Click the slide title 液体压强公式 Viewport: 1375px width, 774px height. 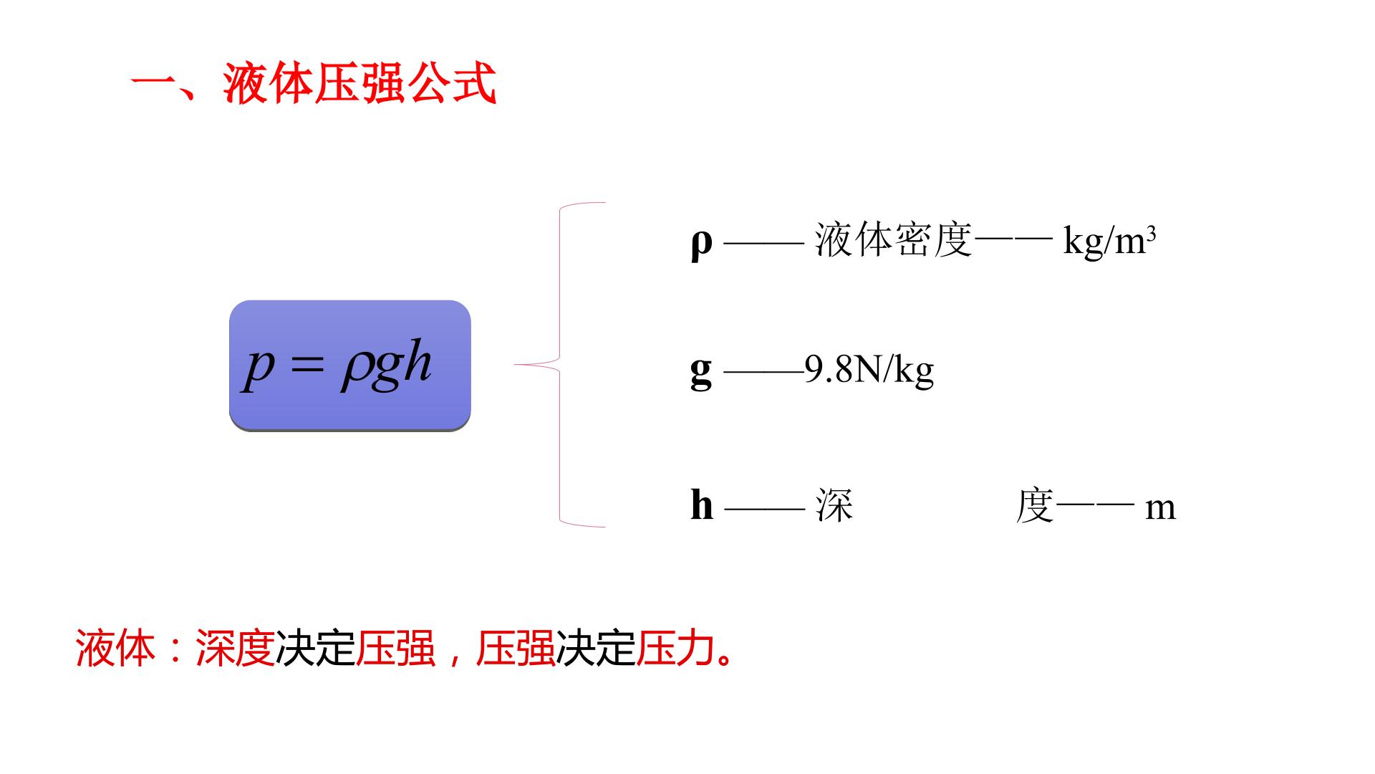[x=360, y=85]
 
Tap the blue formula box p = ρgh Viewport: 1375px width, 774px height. [x=350, y=365]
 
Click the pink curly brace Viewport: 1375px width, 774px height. [x=559, y=365]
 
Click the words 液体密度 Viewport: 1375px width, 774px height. [x=894, y=239]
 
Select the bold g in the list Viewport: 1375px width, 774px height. [x=702, y=372]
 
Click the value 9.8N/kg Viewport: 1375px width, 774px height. [x=869, y=370]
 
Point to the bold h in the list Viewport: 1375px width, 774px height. [x=702, y=505]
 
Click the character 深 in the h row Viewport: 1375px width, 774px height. [x=834, y=506]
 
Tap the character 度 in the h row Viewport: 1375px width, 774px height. [x=1035, y=506]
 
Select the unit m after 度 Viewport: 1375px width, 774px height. [x=1160, y=509]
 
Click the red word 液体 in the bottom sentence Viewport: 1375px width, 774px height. [x=115, y=649]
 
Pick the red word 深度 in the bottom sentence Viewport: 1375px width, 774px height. [x=236, y=649]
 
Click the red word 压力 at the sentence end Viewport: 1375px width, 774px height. [x=676, y=649]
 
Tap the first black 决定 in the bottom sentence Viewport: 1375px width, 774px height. [x=316, y=649]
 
